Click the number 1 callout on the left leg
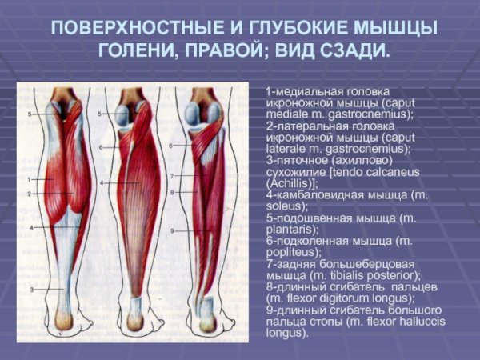tap(30, 180)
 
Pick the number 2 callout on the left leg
tap(30, 194)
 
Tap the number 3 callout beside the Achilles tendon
tap(30, 289)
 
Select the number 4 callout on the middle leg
tap(102, 184)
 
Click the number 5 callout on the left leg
tap(30, 115)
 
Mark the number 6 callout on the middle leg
tap(102, 148)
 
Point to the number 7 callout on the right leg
tap(172, 175)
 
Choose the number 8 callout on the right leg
tap(172, 193)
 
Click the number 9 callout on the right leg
tap(172, 232)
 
